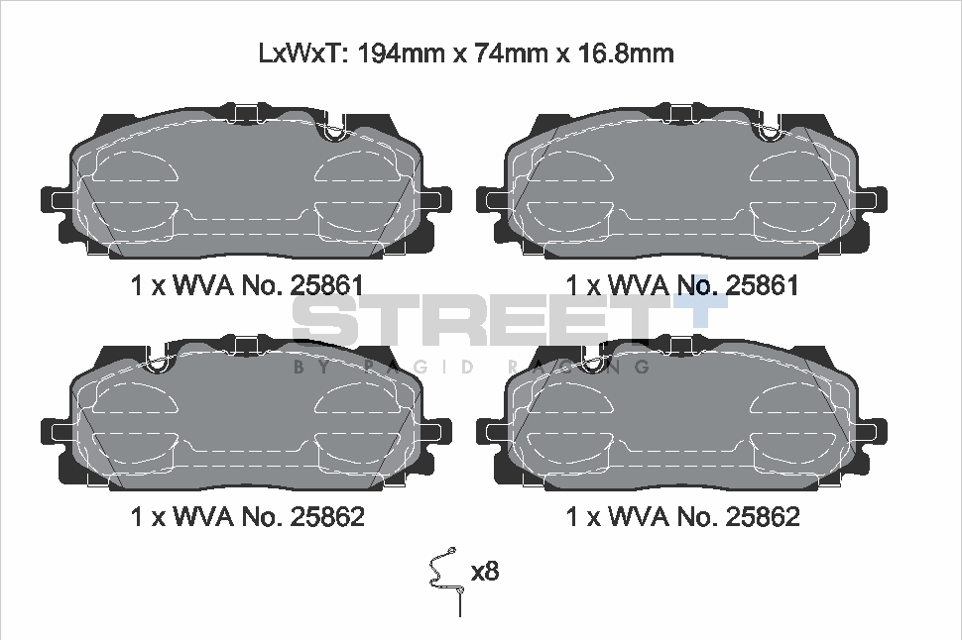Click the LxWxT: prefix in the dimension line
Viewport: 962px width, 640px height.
point(301,53)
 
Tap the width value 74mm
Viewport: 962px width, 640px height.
point(513,53)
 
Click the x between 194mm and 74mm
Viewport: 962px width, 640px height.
point(458,53)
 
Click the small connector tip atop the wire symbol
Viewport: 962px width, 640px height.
point(451,551)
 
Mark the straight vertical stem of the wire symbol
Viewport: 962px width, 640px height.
point(461,604)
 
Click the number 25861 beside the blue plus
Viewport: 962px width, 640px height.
point(764,285)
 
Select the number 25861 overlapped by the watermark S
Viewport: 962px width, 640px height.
point(328,285)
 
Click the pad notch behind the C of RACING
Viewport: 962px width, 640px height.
point(592,360)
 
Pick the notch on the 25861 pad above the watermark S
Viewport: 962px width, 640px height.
point(335,130)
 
